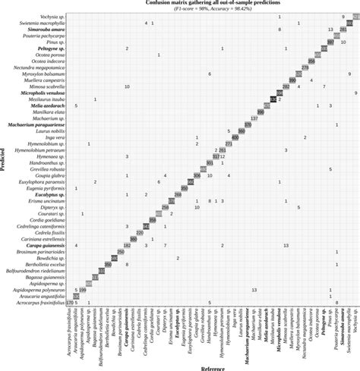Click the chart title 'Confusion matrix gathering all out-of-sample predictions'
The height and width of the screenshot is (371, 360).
(x=212, y=3)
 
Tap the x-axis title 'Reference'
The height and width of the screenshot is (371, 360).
(x=212, y=366)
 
